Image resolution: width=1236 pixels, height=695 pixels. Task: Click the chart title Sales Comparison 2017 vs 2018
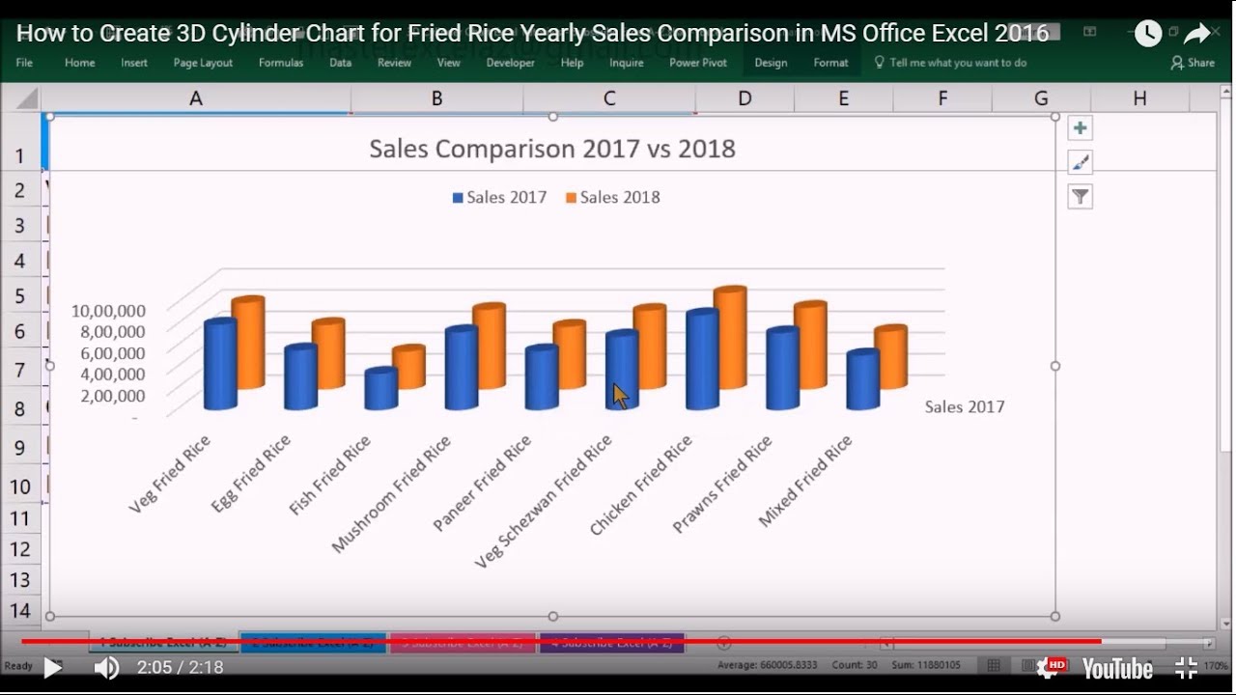click(552, 149)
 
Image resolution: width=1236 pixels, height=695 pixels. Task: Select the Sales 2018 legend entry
click(613, 198)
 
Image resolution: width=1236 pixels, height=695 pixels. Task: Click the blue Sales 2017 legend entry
click(499, 198)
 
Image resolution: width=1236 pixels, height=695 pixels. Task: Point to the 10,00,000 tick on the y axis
click(108, 311)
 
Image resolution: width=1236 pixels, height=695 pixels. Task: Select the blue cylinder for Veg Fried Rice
click(220, 365)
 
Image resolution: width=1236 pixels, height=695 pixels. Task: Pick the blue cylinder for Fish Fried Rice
click(380, 389)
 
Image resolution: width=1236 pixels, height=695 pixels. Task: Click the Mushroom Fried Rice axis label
click(392, 494)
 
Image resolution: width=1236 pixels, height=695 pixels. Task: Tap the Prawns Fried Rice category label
click(722, 484)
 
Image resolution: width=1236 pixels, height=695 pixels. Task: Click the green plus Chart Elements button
click(1080, 128)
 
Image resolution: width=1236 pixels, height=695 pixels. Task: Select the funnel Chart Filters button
click(1080, 197)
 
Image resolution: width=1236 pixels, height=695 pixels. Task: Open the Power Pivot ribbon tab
click(698, 63)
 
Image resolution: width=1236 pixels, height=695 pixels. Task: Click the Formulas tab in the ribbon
click(281, 63)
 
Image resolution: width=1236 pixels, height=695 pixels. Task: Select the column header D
click(744, 98)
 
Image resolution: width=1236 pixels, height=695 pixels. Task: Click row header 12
click(20, 548)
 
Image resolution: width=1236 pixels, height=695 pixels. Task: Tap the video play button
click(52, 667)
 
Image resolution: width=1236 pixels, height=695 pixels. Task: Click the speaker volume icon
click(105, 667)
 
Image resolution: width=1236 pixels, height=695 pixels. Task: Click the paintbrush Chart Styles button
click(1080, 162)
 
